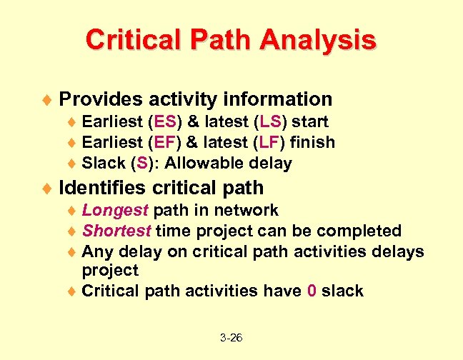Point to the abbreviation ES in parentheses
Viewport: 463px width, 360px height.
point(171,122)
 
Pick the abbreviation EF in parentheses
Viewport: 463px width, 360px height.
point(171,143)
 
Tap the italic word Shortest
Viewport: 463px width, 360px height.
point(117,231)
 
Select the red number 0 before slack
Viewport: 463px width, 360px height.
point(312,291)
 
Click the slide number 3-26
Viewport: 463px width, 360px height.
point(231,337)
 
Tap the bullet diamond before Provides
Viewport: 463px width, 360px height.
point(47,99)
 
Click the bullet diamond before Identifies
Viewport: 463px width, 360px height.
point(47,189)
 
